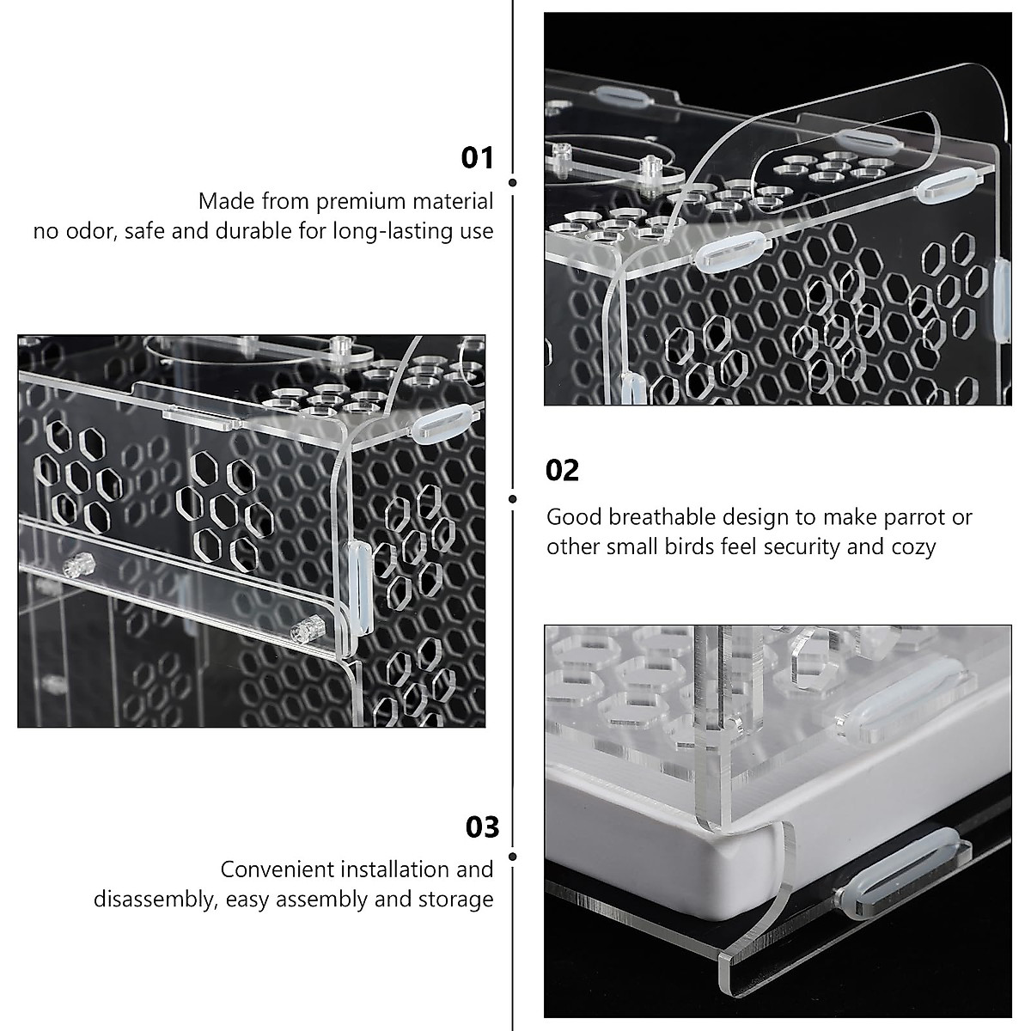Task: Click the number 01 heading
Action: (478, 158)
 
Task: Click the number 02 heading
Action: (563, 470)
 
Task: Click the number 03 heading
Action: (482, 827)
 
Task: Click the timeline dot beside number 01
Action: (513, 182)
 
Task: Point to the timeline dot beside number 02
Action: (513, 498)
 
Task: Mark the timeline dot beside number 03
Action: (513, 857)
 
